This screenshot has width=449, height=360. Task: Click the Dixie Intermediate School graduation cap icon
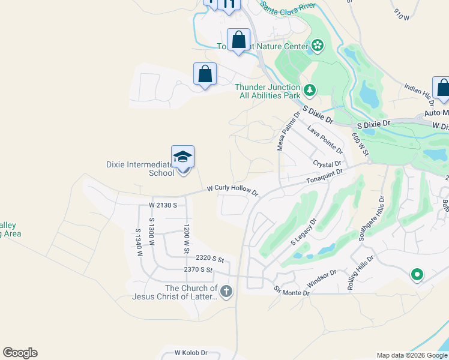click(x=182, y=157)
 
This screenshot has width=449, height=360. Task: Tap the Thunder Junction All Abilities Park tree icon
click(x=310, y=91)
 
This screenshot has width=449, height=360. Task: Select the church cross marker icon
click(x=226, y=292)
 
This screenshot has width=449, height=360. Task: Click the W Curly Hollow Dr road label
click(x=232, y=190)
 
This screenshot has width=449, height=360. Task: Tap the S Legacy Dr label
click(x=303, y=232)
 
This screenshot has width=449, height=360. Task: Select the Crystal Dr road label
click(x=327, y=164)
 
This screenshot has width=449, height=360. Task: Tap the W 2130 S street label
click(x=163, y=205)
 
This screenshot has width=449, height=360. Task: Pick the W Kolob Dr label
click(x=191, y=353)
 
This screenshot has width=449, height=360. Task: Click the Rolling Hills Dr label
click(x=361, y=274)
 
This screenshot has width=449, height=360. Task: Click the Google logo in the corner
click(x=20, y=353)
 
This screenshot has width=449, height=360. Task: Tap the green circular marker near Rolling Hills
click(x=417, y=275)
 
